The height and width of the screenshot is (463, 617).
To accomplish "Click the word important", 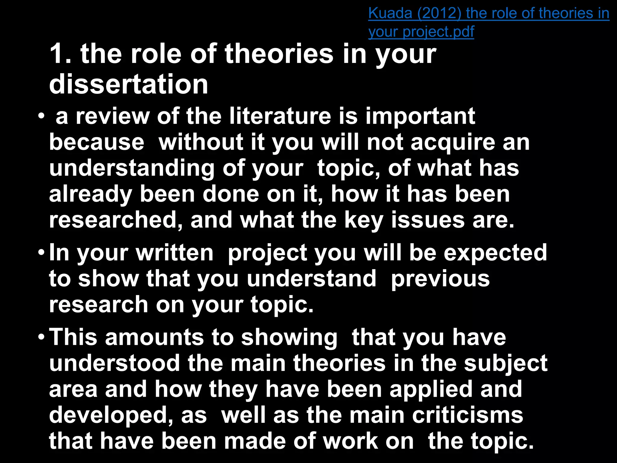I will coord(420,117).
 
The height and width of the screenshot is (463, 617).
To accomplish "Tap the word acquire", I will coord(453,143).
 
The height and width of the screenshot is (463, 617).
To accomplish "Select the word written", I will coord(175,253).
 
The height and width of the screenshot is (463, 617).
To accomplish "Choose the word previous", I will coord(440,279).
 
